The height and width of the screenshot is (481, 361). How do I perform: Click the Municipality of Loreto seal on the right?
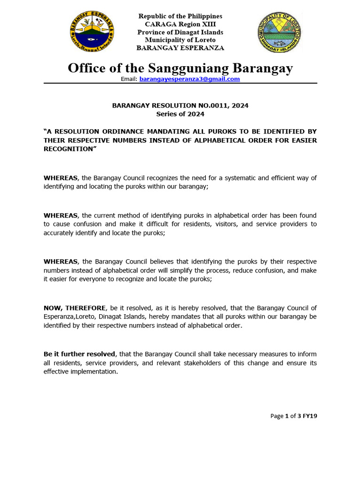279,32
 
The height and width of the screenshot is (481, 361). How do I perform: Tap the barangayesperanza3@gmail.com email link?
189,79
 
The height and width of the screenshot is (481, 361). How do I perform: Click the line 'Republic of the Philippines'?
180,16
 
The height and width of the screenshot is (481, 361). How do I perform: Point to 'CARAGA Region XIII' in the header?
180,24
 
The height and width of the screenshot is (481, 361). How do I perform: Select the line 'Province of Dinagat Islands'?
180,32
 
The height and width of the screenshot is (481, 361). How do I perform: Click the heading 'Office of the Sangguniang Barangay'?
180,68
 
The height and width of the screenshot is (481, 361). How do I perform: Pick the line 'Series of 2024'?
180,114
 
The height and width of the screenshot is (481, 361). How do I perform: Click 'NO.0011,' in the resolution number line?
210,106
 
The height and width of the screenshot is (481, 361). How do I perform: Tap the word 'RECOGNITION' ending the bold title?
68,149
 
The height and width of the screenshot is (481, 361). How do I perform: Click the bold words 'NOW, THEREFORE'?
75,308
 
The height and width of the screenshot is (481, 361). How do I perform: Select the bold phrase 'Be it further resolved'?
79,354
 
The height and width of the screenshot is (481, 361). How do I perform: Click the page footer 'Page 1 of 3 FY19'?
294,416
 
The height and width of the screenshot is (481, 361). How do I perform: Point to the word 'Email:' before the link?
129,79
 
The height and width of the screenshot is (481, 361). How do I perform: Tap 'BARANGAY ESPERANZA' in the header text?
180,48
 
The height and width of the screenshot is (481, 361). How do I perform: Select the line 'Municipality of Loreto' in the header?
180,40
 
